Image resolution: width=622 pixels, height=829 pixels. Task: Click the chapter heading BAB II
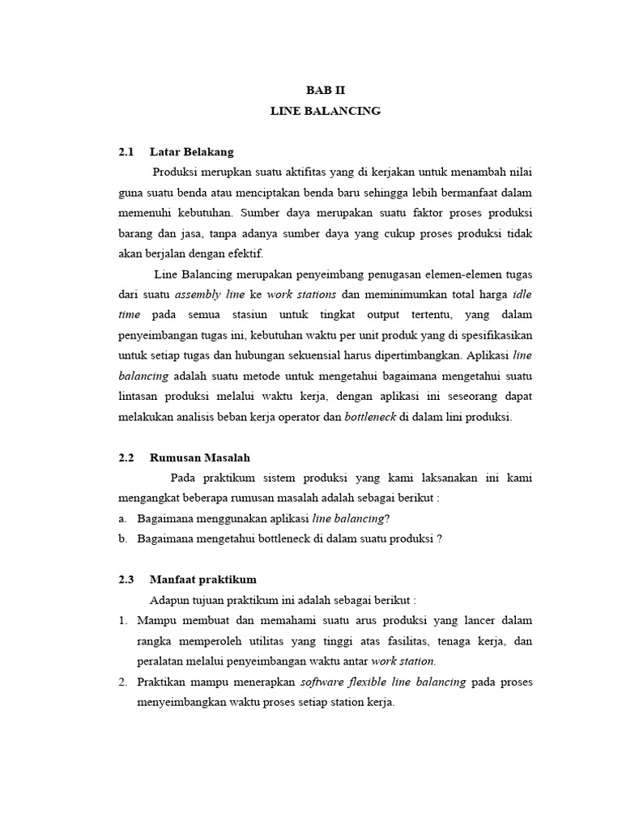click(325, 90)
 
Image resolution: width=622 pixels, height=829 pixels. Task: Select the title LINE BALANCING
click(325, 111)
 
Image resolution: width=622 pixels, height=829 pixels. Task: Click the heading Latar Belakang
click(192, 152)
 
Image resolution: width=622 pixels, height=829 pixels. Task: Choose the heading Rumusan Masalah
click(197, 458)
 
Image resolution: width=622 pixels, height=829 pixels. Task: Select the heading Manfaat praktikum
click(203, 580)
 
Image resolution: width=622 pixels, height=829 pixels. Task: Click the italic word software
click(322, 682)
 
